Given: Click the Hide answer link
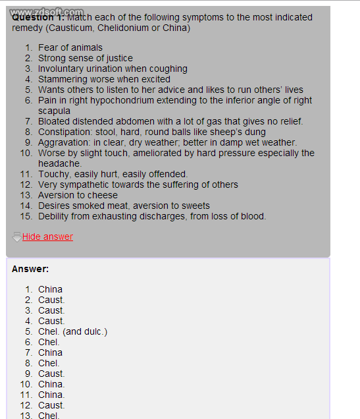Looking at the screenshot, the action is click(47, 237).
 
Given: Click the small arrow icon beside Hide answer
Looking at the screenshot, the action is click(16, 237).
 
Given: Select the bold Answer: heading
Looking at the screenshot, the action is click(30, 269).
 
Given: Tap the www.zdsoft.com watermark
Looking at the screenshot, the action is click(47, 12).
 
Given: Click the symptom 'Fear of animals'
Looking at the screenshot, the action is click(70, 47).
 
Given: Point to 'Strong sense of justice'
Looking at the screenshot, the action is click(85, 58).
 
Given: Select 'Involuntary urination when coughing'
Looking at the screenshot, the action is click(113, 69).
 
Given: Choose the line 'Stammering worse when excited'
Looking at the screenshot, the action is click(104, 79).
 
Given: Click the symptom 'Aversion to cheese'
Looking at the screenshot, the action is click(78, 195).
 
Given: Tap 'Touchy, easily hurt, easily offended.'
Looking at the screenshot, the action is click(113, 174).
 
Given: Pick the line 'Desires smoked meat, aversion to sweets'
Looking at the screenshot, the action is click(124, 206).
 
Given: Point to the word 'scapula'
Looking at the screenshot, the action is click(54, 111).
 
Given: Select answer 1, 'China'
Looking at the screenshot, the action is click(50, 289).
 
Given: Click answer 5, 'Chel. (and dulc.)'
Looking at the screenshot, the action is click(72, 331).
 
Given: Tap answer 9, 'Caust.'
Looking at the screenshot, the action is click(51, 374).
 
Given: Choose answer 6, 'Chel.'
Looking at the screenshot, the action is click(49, 342).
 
